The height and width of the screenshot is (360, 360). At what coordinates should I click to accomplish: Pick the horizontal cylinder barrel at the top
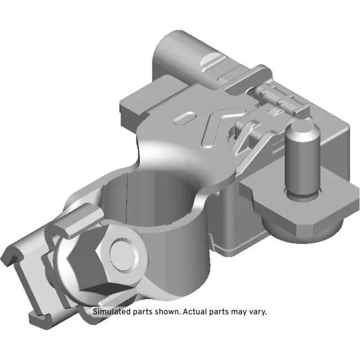pyautogui.click(x=186, y=53)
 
